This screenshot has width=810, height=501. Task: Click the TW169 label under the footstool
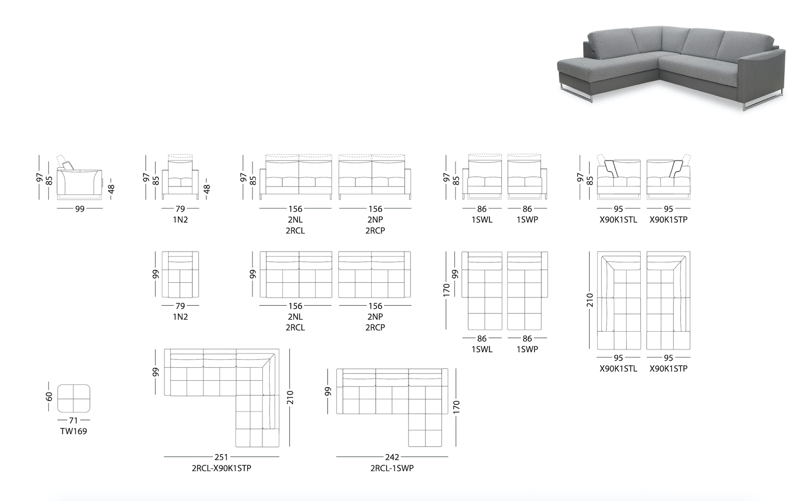click(73, 431)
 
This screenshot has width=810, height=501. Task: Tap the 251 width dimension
click(221, 457)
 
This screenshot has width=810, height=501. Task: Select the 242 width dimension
click(392, 457)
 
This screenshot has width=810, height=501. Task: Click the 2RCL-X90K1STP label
click(221, 468)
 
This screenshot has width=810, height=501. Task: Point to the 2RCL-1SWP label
click(392, 468)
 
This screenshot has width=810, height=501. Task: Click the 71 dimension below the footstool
click(73, 420)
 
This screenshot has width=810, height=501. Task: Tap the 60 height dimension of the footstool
click(49, 397)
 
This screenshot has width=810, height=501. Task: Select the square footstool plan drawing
click(74, 398)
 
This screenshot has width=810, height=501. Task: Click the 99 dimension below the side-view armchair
click(80, 209)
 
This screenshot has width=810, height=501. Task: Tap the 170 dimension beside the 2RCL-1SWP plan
click(456, 407)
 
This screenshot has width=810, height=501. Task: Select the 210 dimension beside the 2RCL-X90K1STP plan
click(290, 397)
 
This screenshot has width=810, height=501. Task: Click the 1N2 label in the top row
click(180, 220)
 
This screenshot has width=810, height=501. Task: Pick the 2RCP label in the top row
click(375, 230)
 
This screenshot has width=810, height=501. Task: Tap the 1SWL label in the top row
click(482, 220)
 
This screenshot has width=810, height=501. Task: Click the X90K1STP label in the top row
click(668, 220)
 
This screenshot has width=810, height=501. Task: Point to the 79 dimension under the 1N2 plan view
click(180, 306)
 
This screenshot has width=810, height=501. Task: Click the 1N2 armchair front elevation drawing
click(180, 177)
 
